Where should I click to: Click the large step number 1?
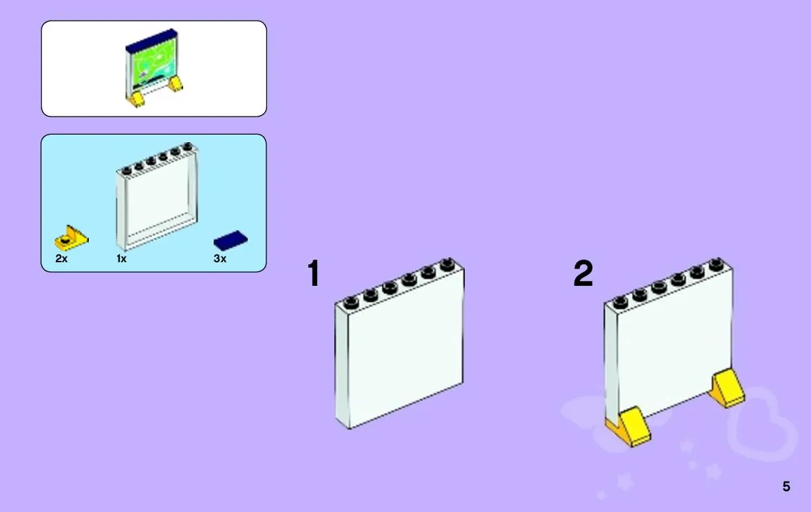[314, 273]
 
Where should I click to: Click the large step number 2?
[583, 273]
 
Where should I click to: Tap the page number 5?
[786, 486]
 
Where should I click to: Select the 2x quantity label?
[61, 258]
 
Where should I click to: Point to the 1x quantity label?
[121, 258]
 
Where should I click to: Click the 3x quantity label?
[220, 258]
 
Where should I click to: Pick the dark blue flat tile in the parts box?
[231, 240]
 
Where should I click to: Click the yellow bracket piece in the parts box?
[71, 239]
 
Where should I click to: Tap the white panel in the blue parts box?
[157, 196]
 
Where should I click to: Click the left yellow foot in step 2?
[629, 427]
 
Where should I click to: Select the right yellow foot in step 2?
[727, 389]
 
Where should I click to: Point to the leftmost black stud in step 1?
[351, 302]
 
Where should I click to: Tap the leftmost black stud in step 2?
[620, 302]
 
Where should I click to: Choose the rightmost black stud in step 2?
[717, 264]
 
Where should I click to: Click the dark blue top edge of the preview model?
[151, 38]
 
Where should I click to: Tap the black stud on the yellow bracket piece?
[65, 239]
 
